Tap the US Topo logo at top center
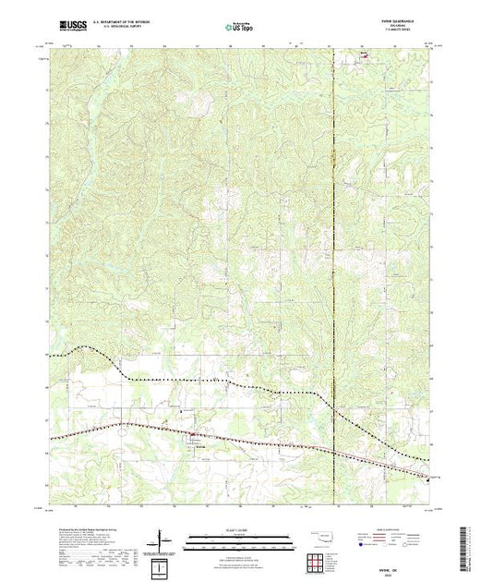240,27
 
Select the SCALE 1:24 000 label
240,527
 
